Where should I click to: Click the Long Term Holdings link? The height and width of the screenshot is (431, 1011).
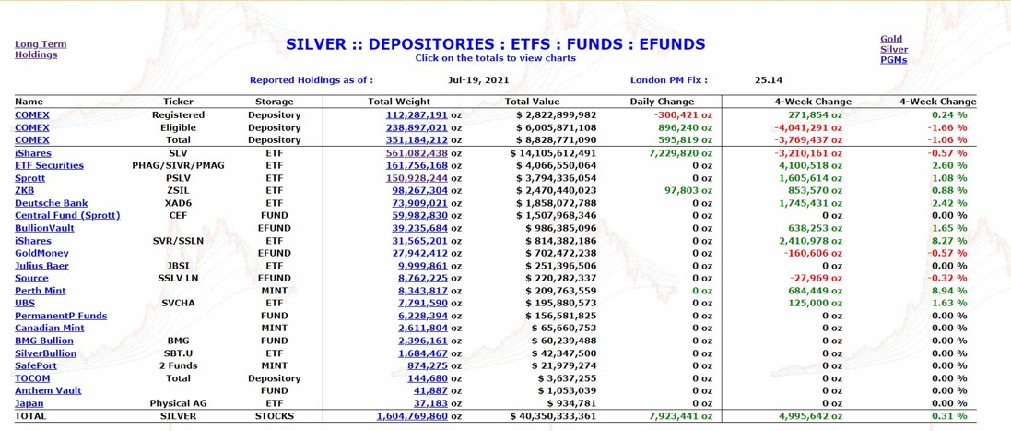41,49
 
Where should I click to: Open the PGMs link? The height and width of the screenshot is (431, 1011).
893,60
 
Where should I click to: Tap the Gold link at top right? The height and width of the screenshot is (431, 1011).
891,40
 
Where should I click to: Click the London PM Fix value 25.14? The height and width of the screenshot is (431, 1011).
768,80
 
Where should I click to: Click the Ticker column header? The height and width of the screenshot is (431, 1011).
178,102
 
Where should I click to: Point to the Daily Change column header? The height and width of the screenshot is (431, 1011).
662,102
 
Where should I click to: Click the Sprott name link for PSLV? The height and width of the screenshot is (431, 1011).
30,178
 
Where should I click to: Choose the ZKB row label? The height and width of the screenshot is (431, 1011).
24,191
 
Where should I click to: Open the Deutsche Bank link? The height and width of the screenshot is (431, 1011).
51,203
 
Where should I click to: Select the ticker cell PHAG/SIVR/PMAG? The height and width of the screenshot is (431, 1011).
178,166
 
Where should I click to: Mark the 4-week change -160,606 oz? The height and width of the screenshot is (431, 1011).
808,253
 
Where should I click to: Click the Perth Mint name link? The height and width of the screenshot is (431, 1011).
41,291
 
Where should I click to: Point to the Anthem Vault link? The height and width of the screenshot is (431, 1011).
48,390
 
